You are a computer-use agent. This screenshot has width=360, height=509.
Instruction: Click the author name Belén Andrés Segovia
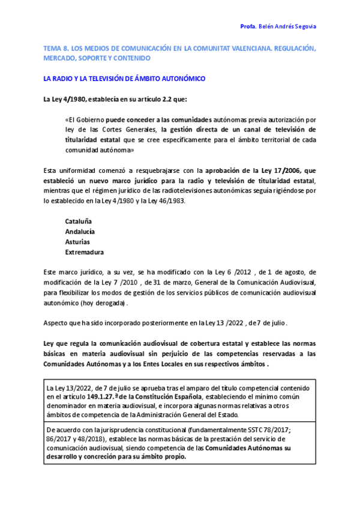[x=287, y=27]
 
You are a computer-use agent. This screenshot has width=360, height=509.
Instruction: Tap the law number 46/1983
[x=172, y=200]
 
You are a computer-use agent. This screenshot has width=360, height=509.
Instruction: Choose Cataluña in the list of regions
[x=79, y=221]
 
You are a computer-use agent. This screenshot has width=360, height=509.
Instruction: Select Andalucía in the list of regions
[x=80, y=232]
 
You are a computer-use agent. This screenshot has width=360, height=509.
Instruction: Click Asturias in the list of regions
[x=77, y=242]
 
